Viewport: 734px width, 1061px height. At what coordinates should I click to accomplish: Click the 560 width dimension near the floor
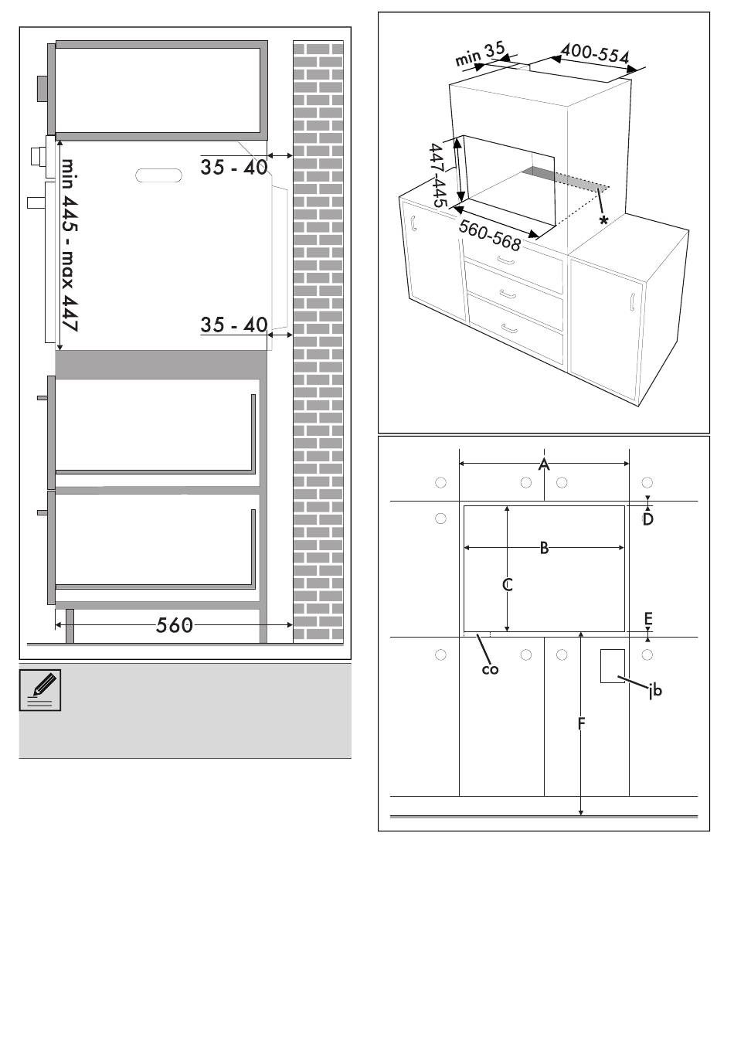point(175,625)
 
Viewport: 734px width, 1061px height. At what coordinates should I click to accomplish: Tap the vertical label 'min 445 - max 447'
point(70,245)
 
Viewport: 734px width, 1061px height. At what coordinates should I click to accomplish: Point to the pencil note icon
point(40,689)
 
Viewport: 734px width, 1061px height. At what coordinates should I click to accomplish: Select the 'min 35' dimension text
point(480,54)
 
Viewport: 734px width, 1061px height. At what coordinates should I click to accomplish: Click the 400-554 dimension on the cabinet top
point(595,54)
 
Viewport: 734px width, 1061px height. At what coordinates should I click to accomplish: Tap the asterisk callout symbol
point(603,220)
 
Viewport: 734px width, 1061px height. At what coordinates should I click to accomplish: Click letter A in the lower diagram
point(544,464)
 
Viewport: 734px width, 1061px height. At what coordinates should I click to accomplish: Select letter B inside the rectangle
point(544,548)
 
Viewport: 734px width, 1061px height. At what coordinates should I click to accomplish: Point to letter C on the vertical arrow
point(507,585)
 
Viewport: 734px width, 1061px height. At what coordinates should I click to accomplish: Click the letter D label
point(647,519)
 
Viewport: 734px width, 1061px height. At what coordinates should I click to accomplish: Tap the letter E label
point(648,619)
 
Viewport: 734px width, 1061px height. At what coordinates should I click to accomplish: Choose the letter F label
point(581,724)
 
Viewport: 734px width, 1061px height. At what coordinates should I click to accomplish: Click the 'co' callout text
point(490,670)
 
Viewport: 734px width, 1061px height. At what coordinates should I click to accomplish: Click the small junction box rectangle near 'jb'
point(612,666)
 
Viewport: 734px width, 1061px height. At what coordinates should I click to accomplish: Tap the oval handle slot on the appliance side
point(158,175)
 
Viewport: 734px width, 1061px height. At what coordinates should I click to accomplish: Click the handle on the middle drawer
point(508,294)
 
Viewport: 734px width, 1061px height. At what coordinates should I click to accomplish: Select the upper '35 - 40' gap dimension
point(234,167)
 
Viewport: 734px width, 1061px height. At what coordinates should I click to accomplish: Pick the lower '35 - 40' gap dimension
point(234,325)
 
